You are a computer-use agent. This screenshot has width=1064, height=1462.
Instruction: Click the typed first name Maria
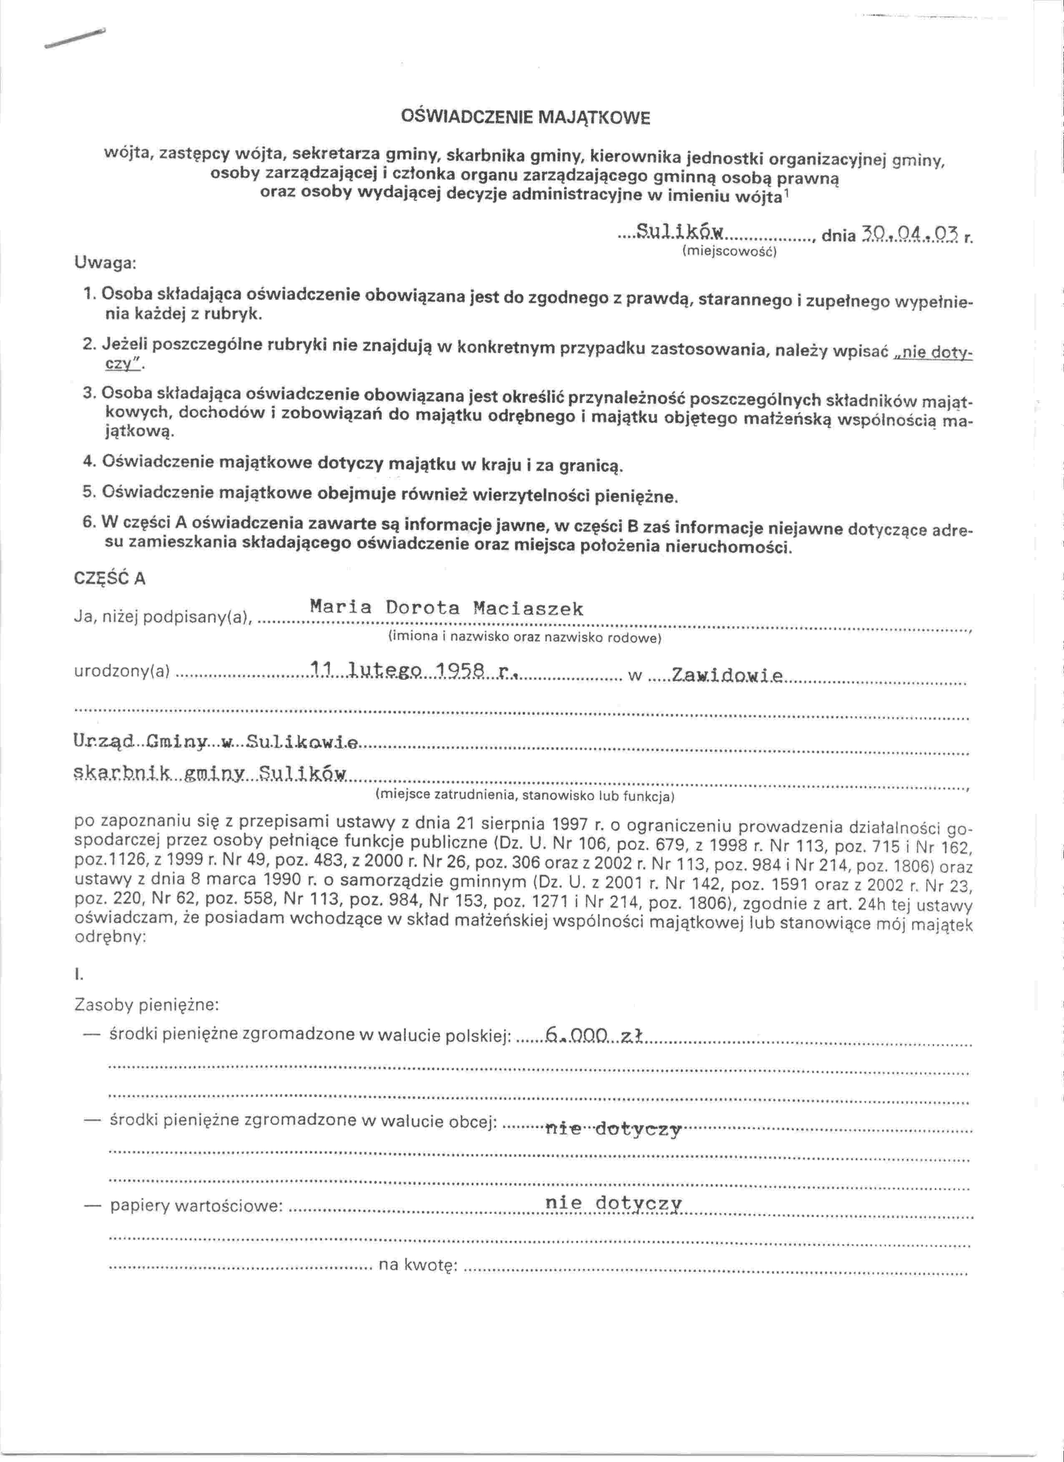[340, 607]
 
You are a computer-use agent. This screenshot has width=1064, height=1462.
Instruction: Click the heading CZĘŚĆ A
[110, 578]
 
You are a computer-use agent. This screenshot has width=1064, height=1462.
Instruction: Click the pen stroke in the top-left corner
[74, 40]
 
